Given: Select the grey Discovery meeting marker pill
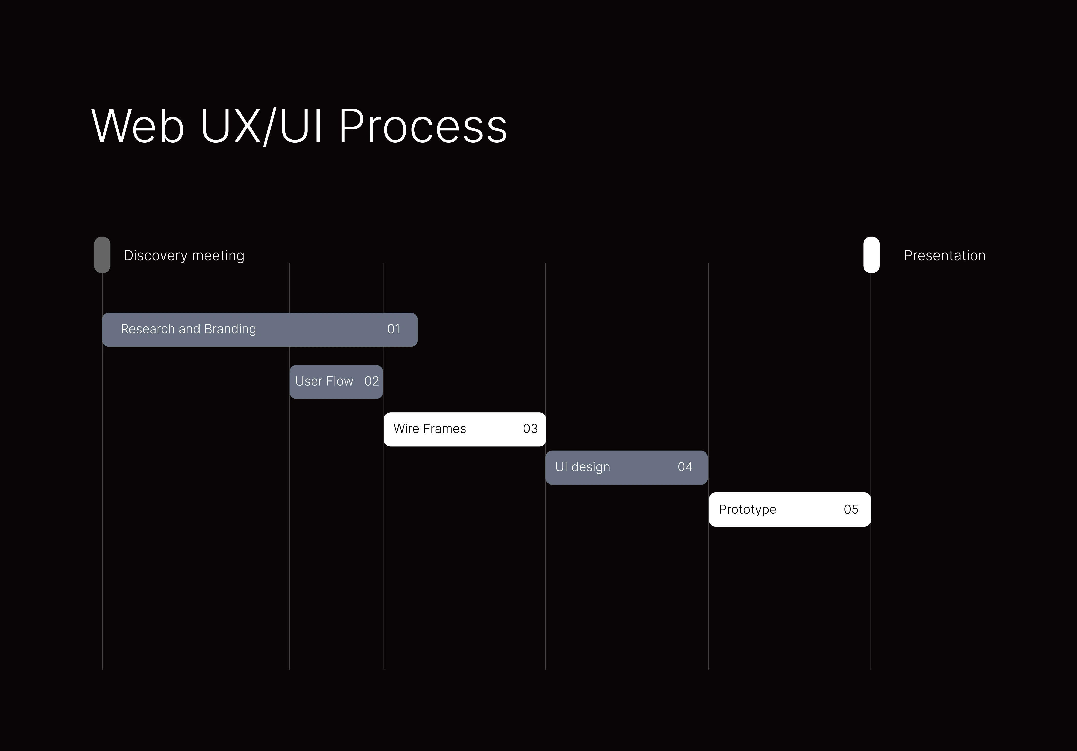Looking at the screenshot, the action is coord(102,254).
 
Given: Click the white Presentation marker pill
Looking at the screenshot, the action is coord(872,254).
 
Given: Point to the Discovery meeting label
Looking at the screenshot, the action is coord(184,255).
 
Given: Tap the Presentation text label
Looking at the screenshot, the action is coord(945,255).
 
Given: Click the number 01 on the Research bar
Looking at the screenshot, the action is coord(394,329).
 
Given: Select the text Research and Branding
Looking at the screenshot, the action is coord(188,329).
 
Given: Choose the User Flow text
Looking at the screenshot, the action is coord(324,381).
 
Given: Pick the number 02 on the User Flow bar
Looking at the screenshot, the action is coord(372,381).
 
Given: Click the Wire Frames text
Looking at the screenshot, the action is coord(430,428).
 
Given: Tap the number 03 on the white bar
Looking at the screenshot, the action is coord(531,428).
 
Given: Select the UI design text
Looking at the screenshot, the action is coord(583,467).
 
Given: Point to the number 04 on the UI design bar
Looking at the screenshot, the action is coord(685,467).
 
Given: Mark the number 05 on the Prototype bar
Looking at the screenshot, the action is coord(851,510).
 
